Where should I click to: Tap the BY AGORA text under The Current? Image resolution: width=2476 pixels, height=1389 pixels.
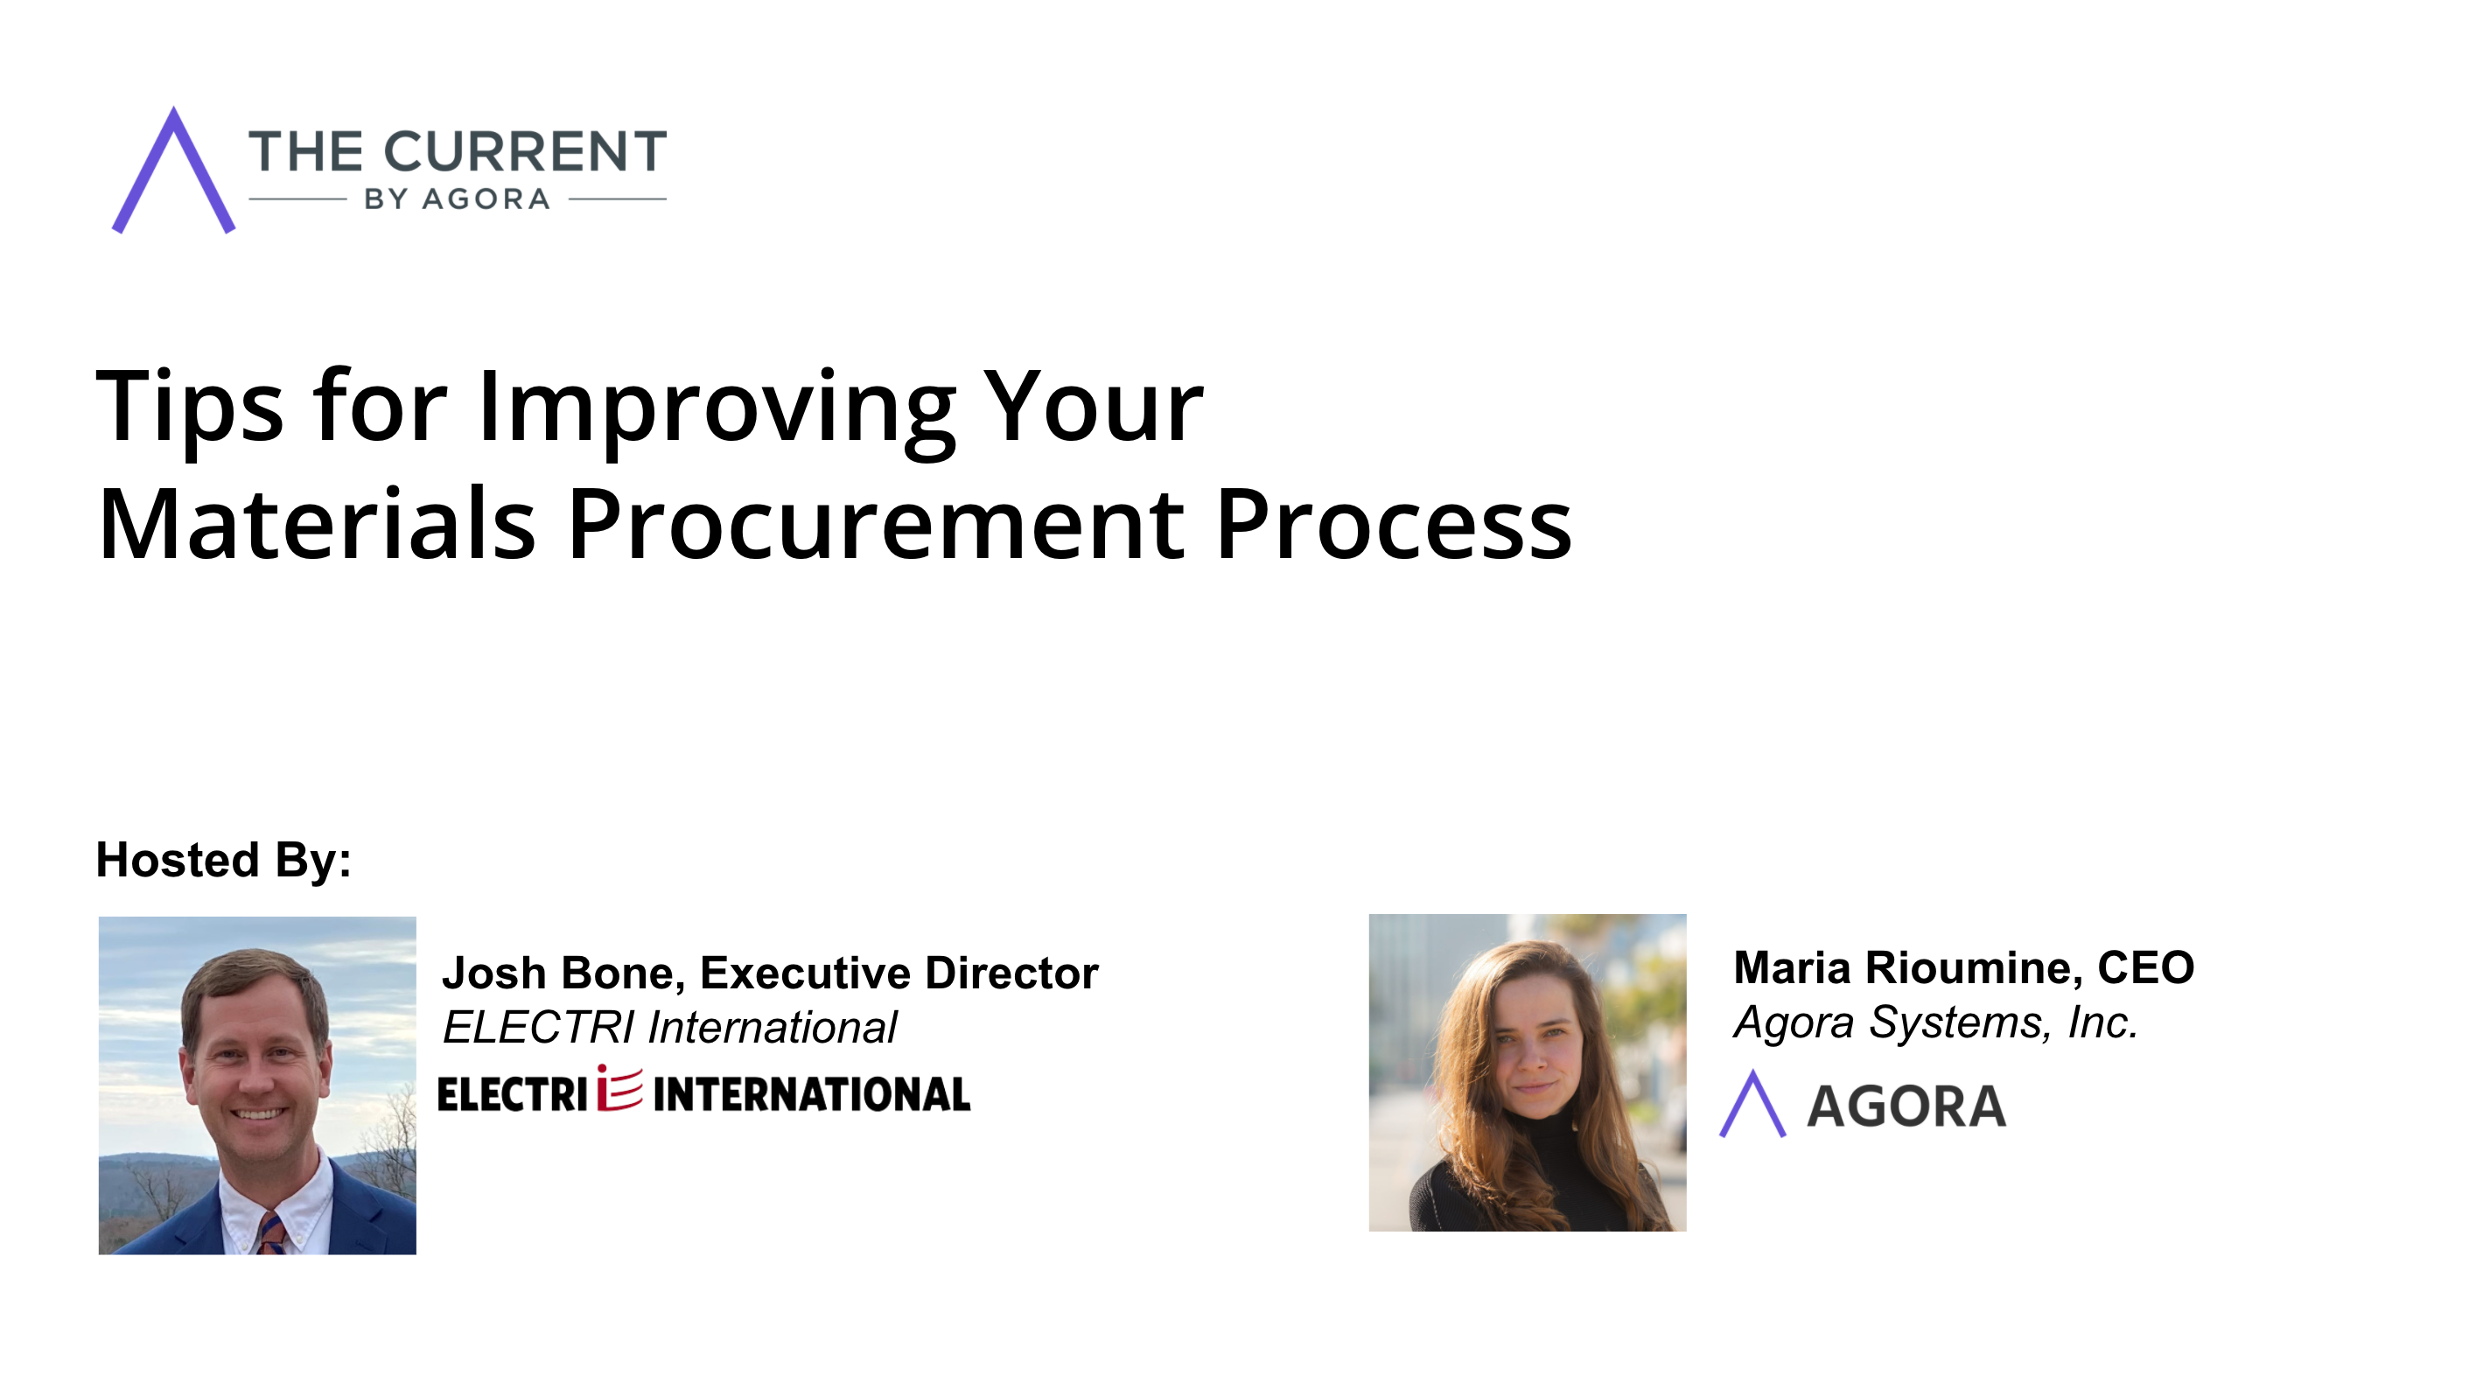458,199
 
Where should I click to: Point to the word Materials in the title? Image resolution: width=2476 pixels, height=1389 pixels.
316,525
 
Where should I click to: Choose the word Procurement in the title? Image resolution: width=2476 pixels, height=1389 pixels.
876,525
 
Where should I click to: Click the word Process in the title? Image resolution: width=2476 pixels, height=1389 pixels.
1394,525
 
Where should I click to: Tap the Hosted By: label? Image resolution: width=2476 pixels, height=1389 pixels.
224,859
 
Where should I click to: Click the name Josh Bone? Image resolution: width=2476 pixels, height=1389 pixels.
562,973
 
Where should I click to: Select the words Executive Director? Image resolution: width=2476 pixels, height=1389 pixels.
899,973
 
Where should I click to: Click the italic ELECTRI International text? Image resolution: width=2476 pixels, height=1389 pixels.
670,1027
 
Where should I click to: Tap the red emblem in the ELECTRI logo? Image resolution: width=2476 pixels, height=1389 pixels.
620,1088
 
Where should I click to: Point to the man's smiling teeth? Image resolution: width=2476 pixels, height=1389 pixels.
257,1115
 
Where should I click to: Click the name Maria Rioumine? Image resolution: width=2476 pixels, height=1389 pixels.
1908,967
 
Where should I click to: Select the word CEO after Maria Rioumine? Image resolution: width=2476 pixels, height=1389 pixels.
2146,967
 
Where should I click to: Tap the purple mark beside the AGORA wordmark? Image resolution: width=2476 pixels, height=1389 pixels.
1753,1104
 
